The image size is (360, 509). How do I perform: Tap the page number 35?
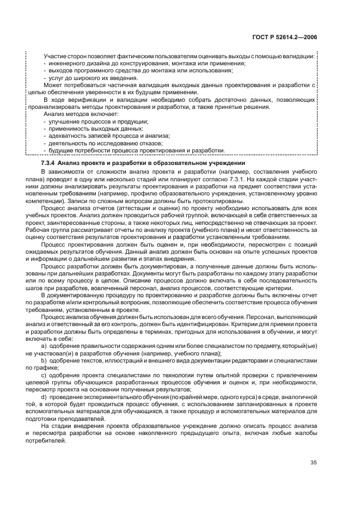pyautogui.click(x=314, y=462)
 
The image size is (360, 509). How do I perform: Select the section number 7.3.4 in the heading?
pyautogui.click(x=48, y=163)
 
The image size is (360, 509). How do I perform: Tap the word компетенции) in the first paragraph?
pyautogui.click(x=45, y=200)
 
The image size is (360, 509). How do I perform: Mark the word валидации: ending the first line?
pyautogui.click(x=301, y=57)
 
